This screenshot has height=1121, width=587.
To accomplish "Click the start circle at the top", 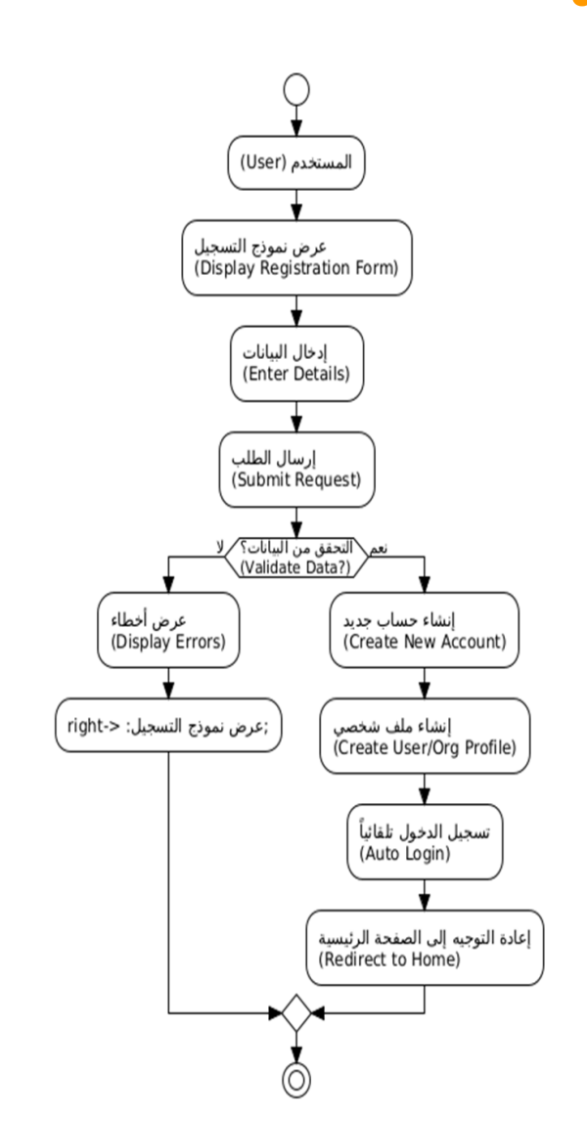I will (x=295, y=89).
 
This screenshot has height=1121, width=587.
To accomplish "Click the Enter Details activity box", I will (x=295, y=361).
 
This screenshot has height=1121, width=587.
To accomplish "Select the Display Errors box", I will (x=170, y=632).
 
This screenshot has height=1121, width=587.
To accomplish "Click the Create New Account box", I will (x=423, y=632).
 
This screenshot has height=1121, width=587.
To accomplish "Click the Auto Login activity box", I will (x=423, y=838).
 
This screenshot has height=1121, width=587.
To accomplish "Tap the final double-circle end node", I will (x=295, y=1078).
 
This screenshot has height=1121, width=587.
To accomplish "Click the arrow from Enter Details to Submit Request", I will (x=295, y=415).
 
